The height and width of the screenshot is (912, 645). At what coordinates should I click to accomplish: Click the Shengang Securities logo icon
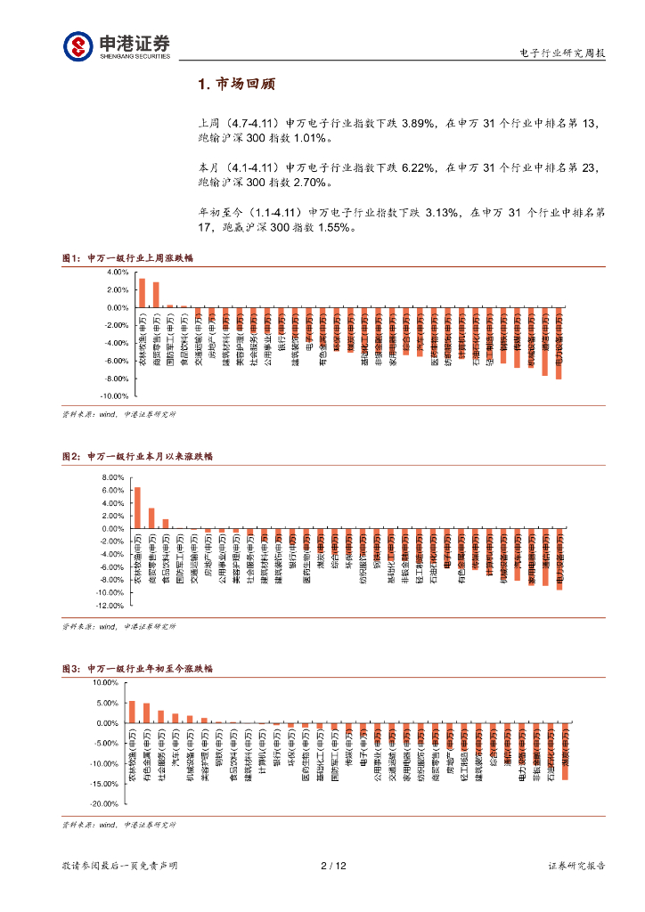point(77,46)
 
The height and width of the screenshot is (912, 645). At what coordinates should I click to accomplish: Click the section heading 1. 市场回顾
point(236,85)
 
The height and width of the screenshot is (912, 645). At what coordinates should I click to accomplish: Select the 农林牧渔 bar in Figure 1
point(142,293)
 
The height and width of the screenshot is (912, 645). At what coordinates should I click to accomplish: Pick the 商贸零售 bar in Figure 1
point(156,295)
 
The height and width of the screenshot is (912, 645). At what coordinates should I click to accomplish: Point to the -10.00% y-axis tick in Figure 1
point(117,396)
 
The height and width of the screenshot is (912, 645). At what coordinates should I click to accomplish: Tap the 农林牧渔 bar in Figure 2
point(137,508)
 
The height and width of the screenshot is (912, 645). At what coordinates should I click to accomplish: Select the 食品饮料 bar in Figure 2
point(166,524)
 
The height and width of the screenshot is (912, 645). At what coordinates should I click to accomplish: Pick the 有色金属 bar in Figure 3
point(146,713)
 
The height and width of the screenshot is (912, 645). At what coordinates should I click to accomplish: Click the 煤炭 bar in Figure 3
point(565,752)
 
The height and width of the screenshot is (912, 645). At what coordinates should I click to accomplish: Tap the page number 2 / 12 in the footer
point(332,866)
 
